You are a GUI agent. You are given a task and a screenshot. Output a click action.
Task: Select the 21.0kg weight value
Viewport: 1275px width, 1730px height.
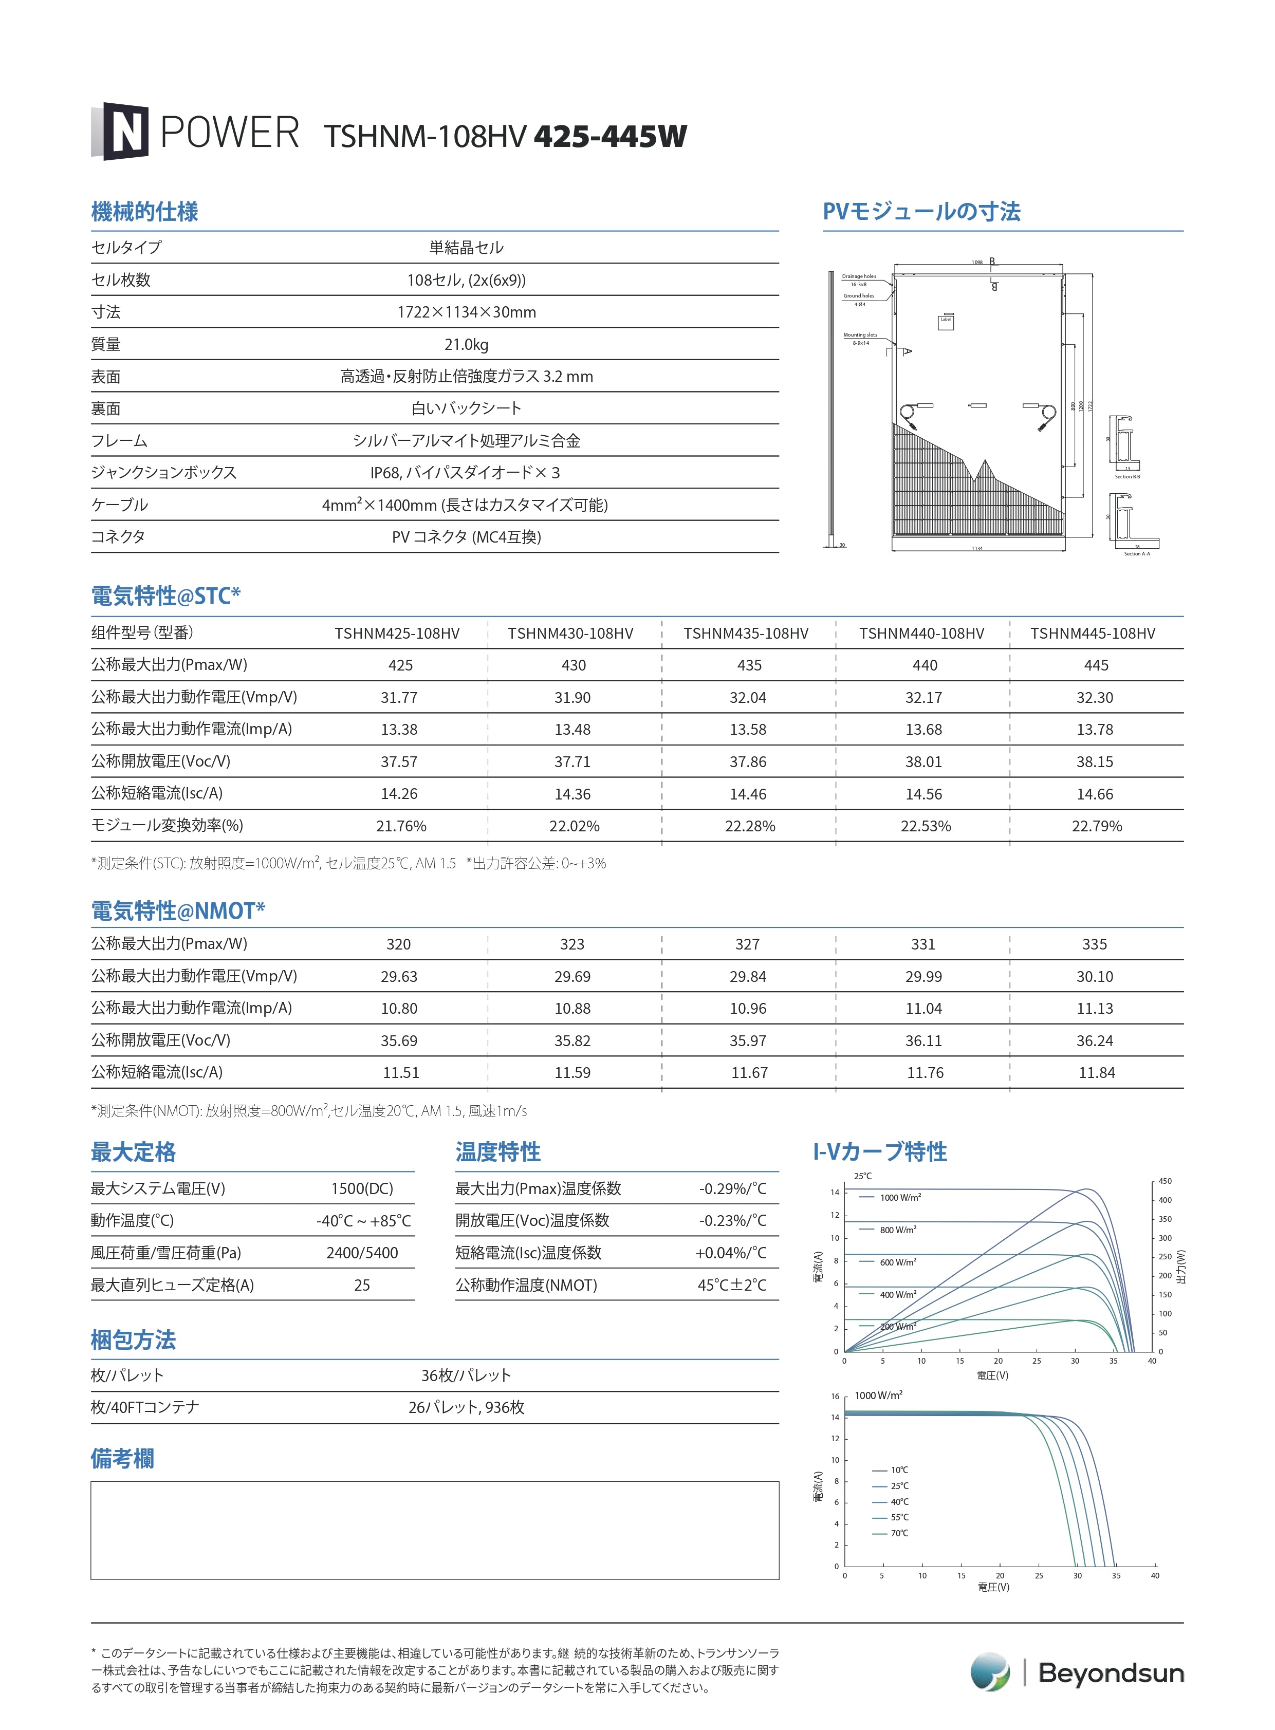point(466,344)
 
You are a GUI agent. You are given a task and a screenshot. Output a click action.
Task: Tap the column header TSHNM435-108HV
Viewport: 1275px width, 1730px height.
point(746,634)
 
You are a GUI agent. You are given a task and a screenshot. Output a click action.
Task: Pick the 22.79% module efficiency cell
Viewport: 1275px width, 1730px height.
point(1096,826)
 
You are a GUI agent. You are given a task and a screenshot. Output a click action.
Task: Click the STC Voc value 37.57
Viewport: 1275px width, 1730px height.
point(399,761)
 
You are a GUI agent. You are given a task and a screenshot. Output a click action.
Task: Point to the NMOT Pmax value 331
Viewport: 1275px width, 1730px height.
point(923,944)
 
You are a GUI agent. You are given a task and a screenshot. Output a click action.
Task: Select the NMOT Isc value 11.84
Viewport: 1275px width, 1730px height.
point(1096,1072)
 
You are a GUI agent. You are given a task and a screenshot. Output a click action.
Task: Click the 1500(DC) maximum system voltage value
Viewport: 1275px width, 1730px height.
point(362,1188)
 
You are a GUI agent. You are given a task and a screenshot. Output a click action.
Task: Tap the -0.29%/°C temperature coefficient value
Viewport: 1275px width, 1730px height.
point(732,1188)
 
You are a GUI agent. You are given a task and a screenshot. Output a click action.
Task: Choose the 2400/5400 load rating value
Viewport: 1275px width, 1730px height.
point(362,1252)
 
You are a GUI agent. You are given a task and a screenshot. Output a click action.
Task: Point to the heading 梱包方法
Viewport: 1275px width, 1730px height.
point(134,1340)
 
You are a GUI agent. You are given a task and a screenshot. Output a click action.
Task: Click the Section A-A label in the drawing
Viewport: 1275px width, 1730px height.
point(1136,553)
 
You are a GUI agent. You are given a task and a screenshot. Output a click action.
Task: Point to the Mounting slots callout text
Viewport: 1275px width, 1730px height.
point(860,335)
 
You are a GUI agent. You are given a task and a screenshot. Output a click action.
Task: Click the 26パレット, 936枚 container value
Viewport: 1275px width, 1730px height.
point(466,1407)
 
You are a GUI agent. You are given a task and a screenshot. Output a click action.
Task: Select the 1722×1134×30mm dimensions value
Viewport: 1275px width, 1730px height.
point(466,312)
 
